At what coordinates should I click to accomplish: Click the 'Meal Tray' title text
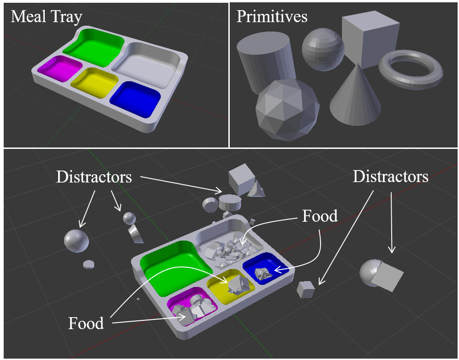pos(46,17)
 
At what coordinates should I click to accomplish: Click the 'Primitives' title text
pos(272,17)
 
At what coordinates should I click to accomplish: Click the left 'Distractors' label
pos(94,177)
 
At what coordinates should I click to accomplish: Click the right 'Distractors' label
pos(391,176)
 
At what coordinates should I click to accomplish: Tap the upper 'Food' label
pos(320,216)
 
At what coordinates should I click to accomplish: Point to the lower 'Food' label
pos(86,323)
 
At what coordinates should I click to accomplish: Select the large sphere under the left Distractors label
pos(76,240)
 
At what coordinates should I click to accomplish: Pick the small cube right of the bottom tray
pos(306,289)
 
